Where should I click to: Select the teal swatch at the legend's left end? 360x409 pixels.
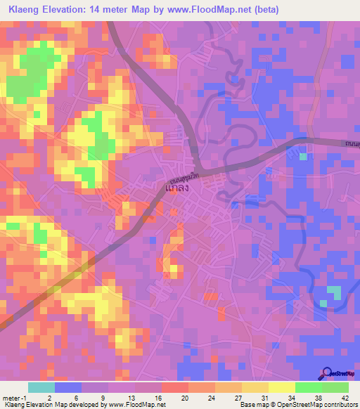click(x=41, y=387)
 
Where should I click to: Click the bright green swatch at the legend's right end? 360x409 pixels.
click(x=335, y=387)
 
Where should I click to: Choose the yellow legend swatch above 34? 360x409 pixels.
click(x=281, y=387)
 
